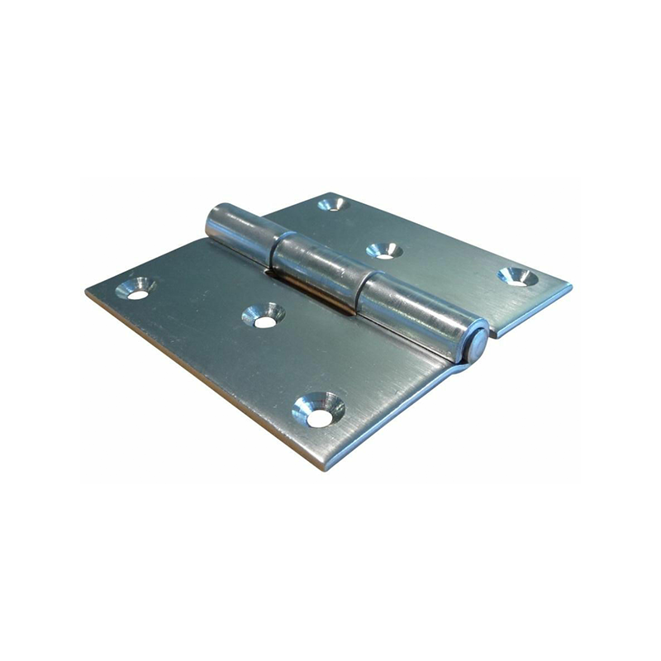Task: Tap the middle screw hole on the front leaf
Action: tap(264, 316)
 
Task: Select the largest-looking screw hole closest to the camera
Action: tap(318, 411)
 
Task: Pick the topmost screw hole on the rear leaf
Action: tap(332, 203)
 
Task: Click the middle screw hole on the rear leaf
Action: tap(383, 250)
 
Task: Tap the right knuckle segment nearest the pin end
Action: tap(417, 314)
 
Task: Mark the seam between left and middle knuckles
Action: tap(274, 244)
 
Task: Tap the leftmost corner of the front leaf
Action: tap(87, 291)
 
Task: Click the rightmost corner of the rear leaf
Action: tap(571, 286)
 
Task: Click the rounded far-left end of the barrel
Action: tap(209, 218)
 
